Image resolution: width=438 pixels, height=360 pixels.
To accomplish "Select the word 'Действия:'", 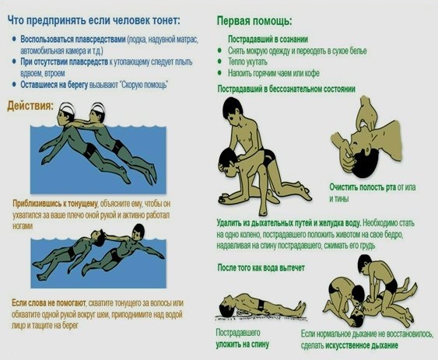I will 30,105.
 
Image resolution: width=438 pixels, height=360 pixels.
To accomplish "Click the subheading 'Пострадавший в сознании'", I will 268,39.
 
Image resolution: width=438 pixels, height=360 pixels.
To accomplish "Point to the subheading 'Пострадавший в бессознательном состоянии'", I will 286,89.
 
